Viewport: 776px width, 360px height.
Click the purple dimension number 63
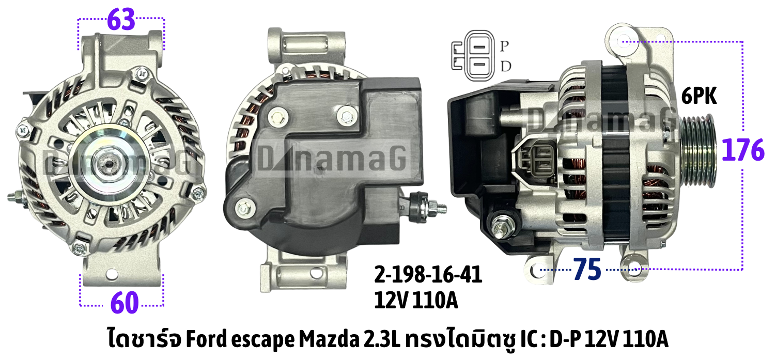tap(121, 20)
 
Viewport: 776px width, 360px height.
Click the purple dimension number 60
tap(125, 303)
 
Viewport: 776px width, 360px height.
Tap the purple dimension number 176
tap(743, 150)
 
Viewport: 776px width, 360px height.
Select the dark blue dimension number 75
tap(587, 269)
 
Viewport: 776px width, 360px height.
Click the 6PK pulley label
tap(699, 96)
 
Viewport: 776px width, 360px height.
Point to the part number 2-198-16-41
tap(428, 275)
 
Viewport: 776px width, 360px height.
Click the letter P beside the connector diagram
tap(504, 46)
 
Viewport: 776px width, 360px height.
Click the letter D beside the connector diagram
tap(506, 66)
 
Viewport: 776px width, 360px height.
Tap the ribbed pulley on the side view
tap(697, 151)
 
